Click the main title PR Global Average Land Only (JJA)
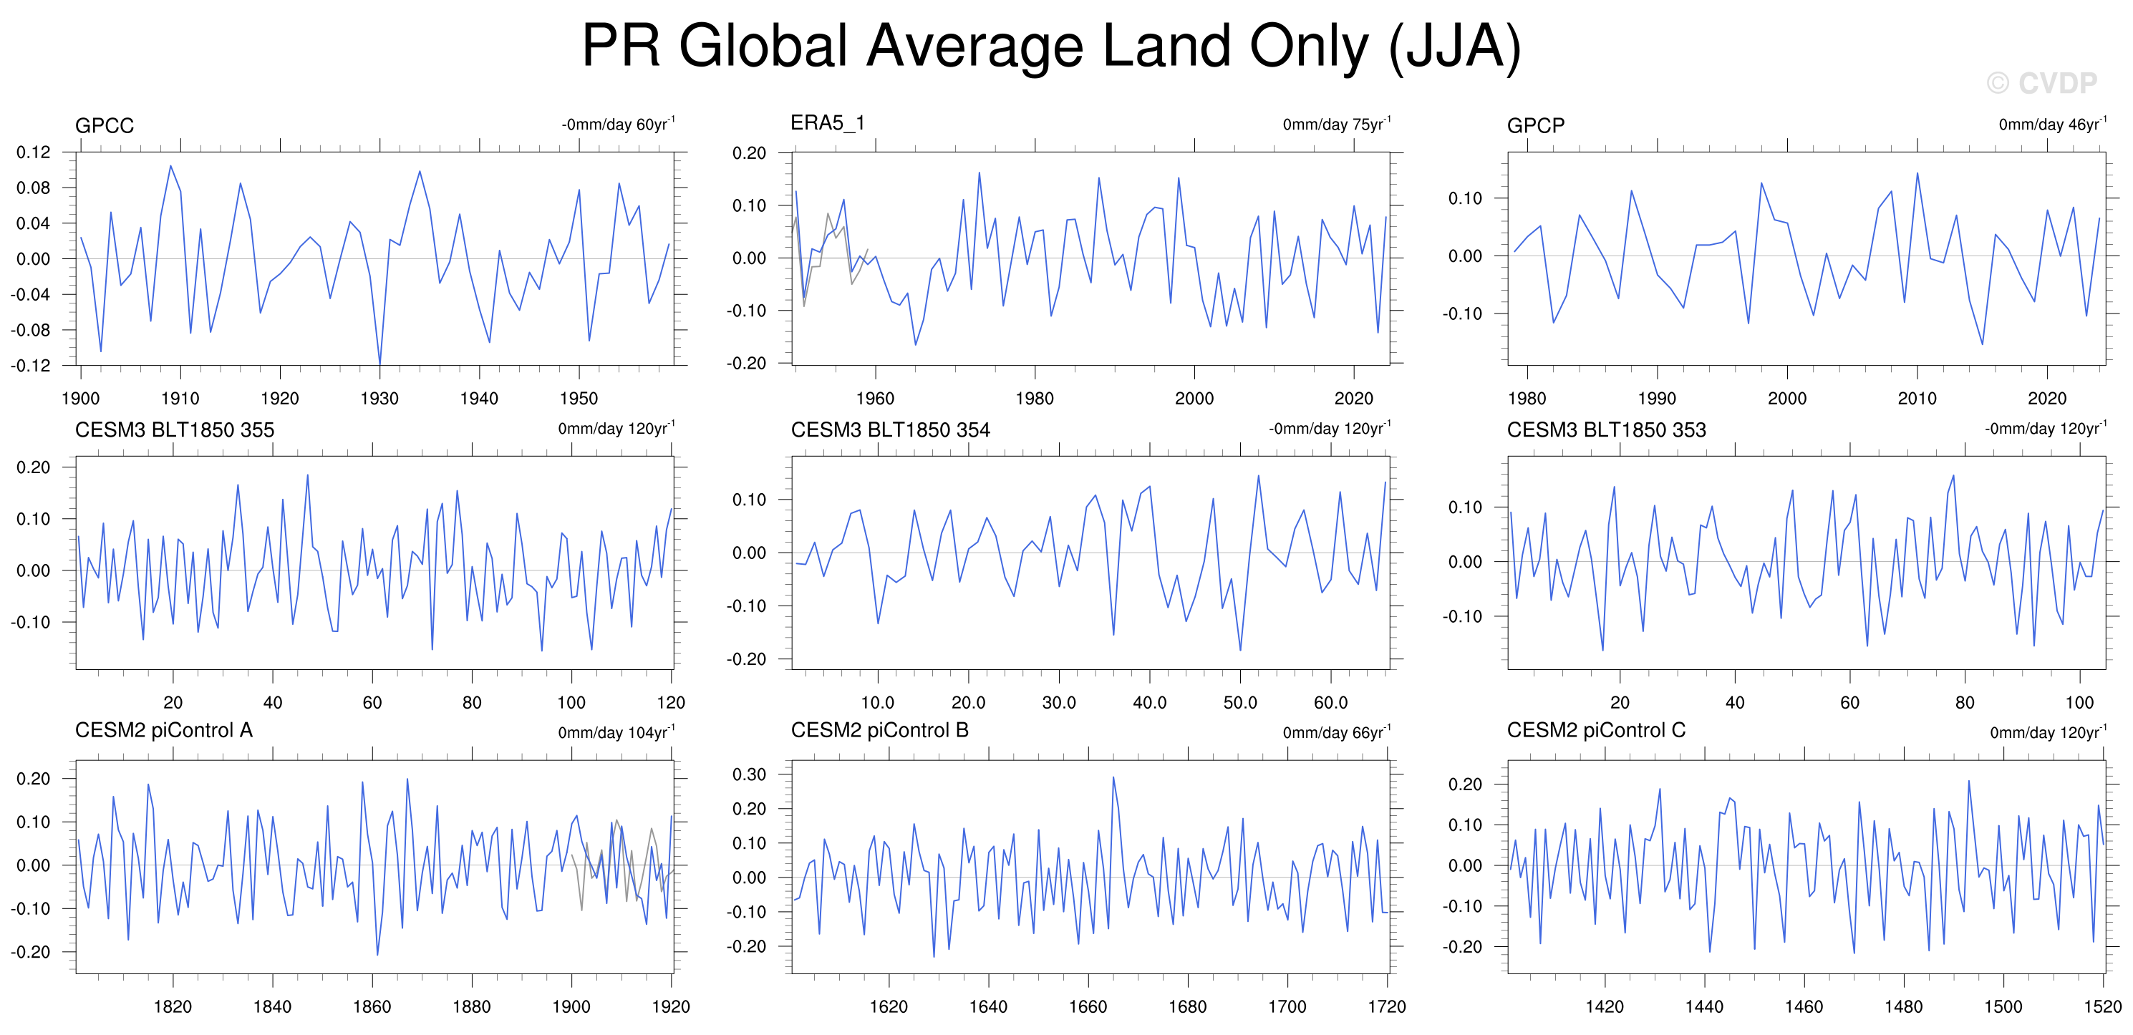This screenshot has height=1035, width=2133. [1051, 47]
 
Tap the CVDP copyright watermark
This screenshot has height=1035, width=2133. [2041, 83]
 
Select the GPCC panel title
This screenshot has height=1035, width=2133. [105, 126]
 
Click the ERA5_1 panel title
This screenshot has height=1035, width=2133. [827, 123]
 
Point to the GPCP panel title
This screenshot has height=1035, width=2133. [1535, 126]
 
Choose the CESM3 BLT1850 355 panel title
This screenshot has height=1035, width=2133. [174, 429]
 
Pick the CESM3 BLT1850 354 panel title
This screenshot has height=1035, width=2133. [890, 429]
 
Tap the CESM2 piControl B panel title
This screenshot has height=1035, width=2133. [879, 730]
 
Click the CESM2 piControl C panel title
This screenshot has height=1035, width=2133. [1595, 730]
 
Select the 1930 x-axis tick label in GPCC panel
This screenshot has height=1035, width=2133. [379, 398]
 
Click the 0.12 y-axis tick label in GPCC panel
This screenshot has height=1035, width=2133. [33, 152]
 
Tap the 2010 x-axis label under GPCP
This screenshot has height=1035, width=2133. [1917, 398]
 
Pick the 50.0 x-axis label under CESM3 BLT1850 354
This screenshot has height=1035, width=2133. [1239, 703]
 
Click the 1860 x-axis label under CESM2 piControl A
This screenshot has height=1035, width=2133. [372, 1007]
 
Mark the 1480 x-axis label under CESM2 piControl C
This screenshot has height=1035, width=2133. [1903, 1007]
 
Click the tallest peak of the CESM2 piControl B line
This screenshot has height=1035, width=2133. [1113, 777]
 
